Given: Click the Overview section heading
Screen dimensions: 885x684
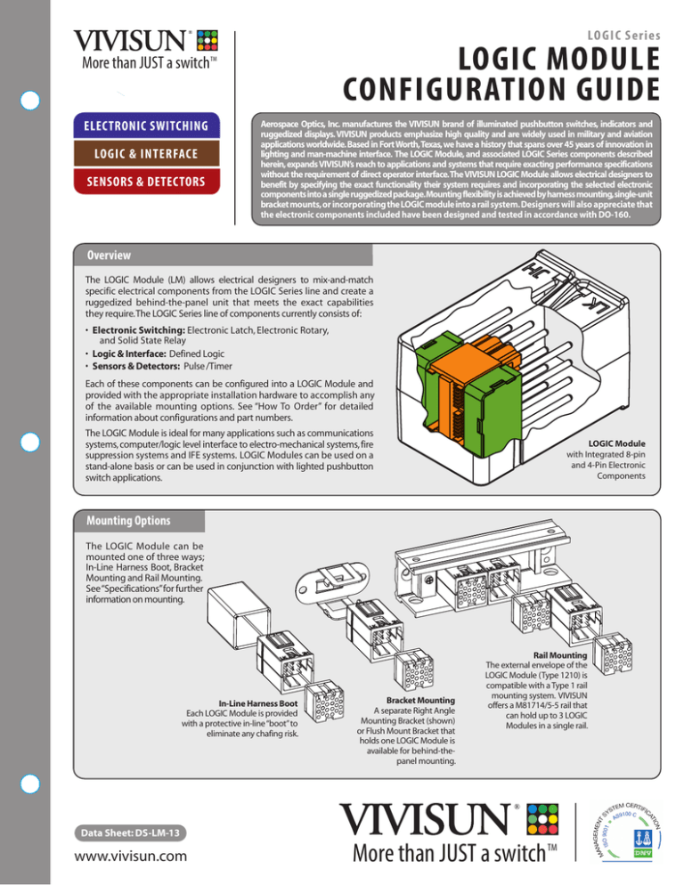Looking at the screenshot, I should tap(103, 254).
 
